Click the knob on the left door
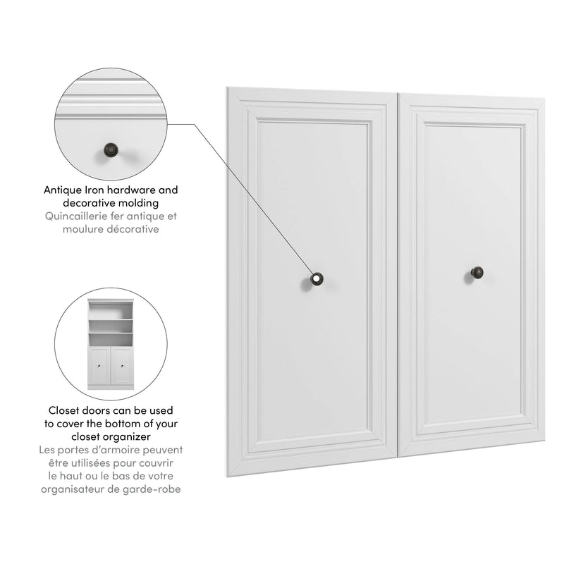coord(315,279)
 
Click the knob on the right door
coord(477,272)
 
